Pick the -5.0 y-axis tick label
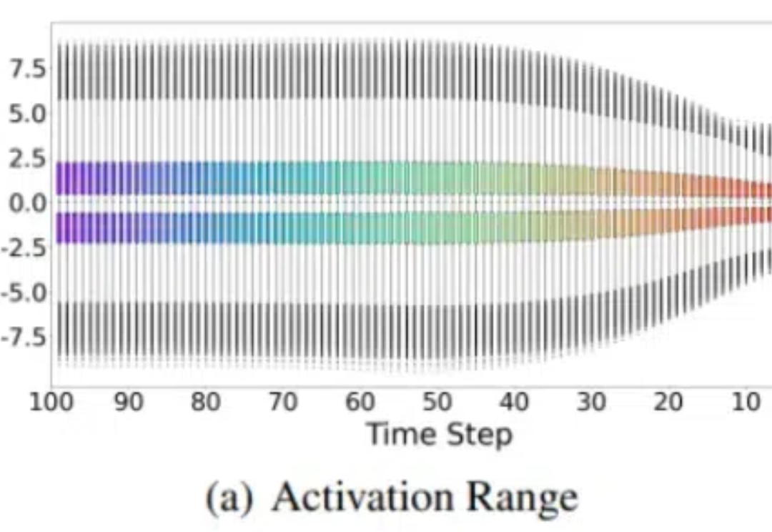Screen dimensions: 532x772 (24, 292)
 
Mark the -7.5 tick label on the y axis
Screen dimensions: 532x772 (24, 337)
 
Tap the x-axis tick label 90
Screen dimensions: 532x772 (129, 403)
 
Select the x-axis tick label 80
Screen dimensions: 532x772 (206, 403)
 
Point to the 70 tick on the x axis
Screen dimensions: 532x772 (283, 403)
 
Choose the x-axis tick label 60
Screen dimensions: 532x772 (360, 403)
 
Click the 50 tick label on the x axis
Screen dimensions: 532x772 (437, 403)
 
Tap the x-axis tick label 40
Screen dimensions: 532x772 (514, 403)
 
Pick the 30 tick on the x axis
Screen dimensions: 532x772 (591, 403)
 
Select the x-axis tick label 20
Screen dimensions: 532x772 (668, 403)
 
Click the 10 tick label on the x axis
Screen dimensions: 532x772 (745, 403)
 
